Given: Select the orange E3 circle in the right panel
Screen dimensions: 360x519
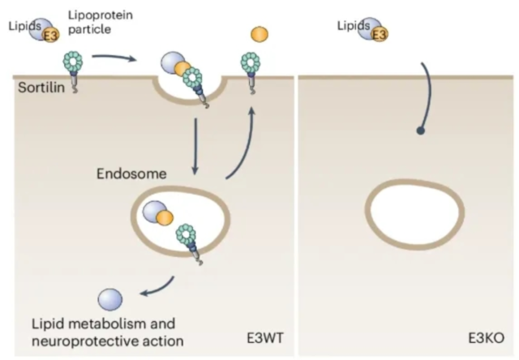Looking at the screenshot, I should coord(380,33).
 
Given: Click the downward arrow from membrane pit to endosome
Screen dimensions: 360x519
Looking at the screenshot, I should coord(195,146).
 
